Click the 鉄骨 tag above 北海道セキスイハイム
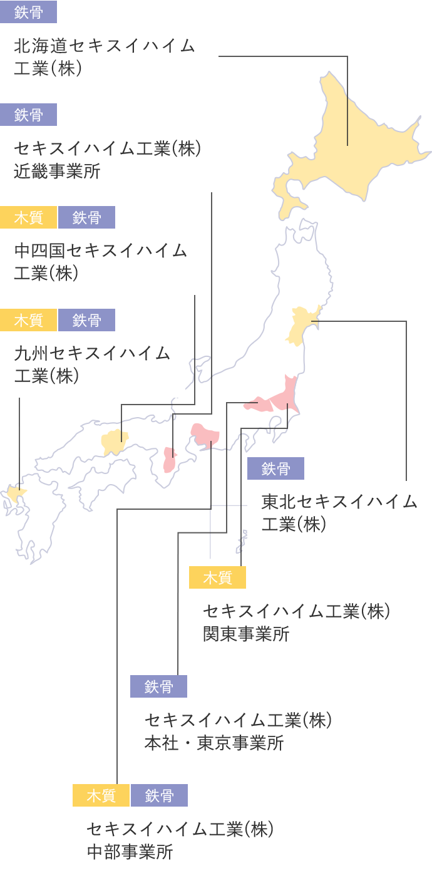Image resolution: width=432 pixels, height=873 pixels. [x=28, y=12]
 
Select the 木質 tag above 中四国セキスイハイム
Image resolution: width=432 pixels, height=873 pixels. [x=28, y=217]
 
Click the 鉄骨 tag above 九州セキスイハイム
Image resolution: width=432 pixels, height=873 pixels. [x=86, y=320]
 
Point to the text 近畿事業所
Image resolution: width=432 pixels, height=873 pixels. [x=57, y=172]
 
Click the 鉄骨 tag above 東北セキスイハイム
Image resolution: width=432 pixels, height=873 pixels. [x=275, y=468]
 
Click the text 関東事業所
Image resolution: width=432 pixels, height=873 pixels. [x=246, y=634]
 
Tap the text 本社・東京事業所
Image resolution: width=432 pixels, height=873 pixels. [x=214, y=743]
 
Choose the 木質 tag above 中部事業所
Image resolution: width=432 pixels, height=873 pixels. [x=101, y=795]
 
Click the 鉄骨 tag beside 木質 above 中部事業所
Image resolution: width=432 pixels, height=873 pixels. [x=159, y=795]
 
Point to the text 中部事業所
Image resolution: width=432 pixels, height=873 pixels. [x=130, y=852]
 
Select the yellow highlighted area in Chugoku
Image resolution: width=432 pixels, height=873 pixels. [x=115, y=442]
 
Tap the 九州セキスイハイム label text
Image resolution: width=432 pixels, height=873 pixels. [x=92, y=353]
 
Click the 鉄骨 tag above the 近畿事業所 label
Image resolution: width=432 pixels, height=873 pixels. [x=28, y=115]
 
